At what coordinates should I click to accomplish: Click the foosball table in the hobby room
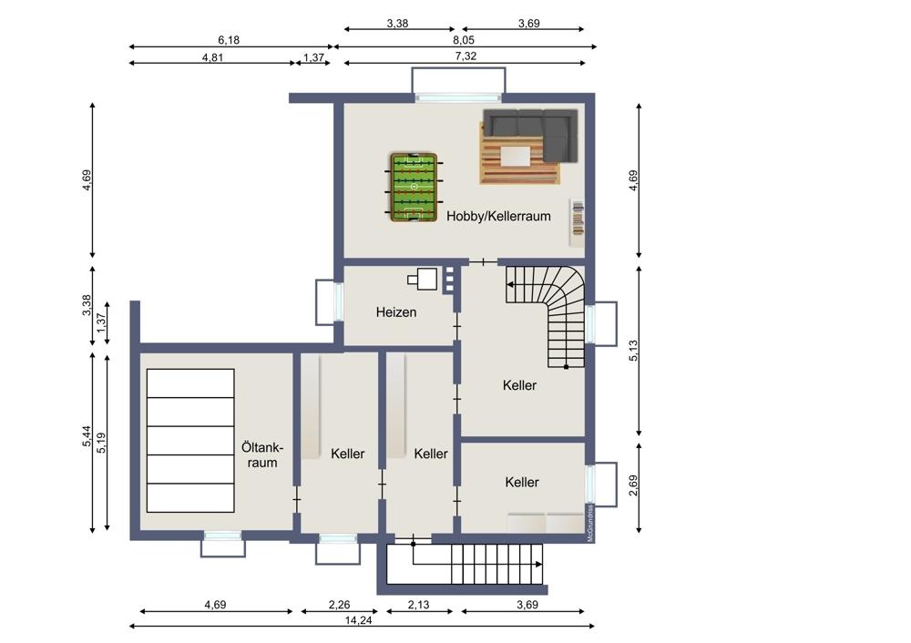point(415,187)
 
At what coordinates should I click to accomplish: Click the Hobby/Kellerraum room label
point(498,217)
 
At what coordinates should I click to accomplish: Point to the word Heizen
point(396,312)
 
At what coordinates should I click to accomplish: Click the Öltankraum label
point(263,455)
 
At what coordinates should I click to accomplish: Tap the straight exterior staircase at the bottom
point(466,565)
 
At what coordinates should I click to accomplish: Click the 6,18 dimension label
point(229,40)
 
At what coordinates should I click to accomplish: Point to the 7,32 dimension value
point(465,56)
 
